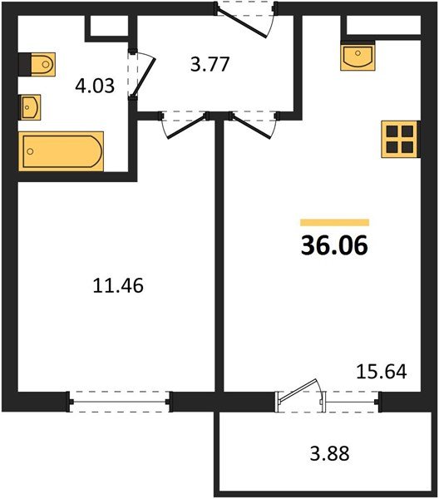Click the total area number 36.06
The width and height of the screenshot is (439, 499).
pos(334,245)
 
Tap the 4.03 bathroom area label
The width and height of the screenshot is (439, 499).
pos(95,86)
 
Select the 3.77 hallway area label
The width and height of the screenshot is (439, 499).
pos(210,64)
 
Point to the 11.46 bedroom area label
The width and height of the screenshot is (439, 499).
pos(118,285)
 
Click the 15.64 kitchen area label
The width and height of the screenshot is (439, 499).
pos(382,372)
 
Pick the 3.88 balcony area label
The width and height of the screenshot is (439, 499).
pos(329,453)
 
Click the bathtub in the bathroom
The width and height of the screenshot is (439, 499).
pos(61,151)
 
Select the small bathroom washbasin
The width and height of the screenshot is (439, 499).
pos(31,107)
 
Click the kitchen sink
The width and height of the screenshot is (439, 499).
pos(358,57)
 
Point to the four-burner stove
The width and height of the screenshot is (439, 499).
pos(400,139)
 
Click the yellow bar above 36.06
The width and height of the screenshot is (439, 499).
pos(335,222)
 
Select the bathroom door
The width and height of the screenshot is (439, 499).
pos(142,75)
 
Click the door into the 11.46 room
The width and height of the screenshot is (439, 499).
pos(185,125)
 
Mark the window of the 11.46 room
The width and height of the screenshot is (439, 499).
pos(120,402)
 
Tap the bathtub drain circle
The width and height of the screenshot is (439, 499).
pos(30,151)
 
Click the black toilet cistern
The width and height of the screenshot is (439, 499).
pos(25,65)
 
